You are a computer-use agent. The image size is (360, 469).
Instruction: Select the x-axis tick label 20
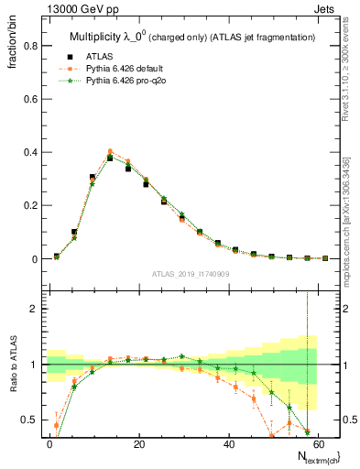pos(138,443)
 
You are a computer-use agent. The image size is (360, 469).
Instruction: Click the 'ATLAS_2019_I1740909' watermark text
pos(191,274)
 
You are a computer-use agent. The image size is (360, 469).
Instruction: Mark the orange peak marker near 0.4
pos(111,152)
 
